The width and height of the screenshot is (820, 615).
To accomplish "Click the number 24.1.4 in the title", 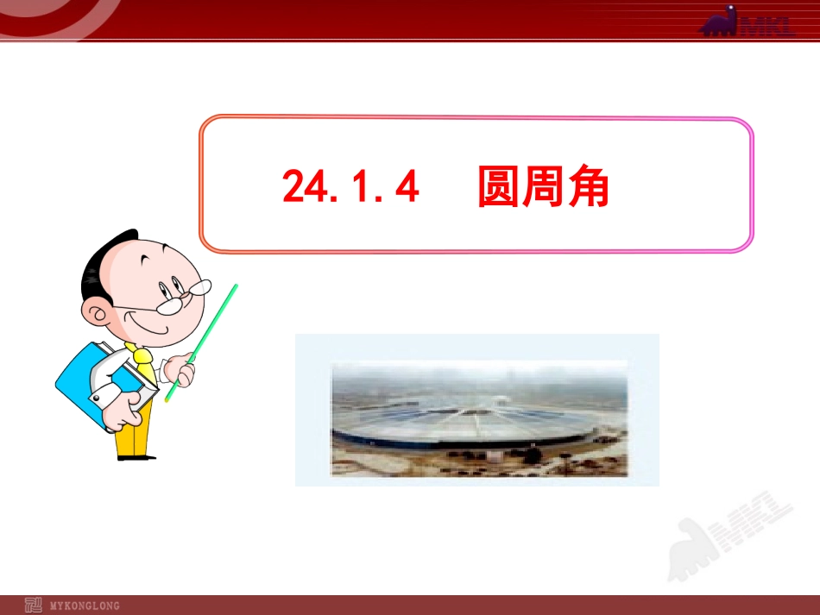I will tap(350, 187).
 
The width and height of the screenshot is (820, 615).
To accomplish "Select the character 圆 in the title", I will tap(499, 187).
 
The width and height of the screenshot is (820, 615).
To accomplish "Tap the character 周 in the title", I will tap(544, 187).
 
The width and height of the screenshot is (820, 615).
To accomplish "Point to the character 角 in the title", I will tap(589, 187).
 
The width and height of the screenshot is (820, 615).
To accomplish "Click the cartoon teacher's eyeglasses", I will tap(186, 293).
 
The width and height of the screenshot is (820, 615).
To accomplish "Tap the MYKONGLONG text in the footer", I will tap(85, 606).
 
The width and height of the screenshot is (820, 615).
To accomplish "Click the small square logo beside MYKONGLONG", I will tap(33, 605).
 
